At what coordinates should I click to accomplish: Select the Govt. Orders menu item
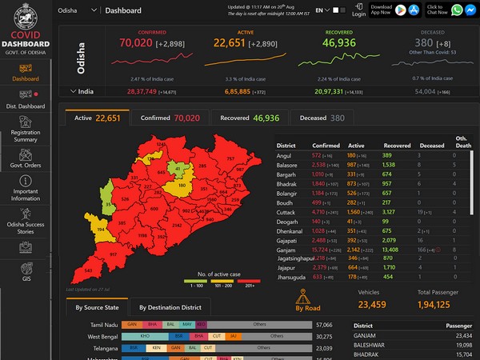click(x=26, y=166)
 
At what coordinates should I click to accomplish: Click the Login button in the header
click(x=359, y=10)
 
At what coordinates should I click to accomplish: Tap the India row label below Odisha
click(x=85, y=92)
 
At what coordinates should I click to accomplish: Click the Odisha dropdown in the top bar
click(x=78, y=10)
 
